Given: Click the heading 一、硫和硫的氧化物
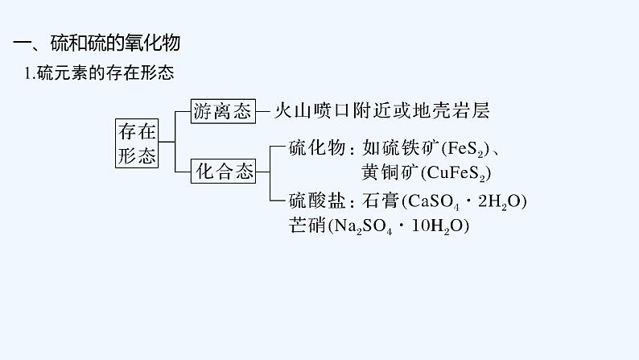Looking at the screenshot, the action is [x=97, y=43].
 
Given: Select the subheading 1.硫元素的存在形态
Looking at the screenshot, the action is [x=100, y=73].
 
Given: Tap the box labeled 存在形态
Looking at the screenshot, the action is [x=137, y=143].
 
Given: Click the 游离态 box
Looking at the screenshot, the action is [x=223, y=111].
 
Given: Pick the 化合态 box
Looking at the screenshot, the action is [x=223, y=172].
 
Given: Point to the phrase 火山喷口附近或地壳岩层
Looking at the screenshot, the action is [x=382, y=110].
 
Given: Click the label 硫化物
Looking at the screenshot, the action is [x=317, y=147].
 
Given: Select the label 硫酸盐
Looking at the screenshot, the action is [x=317, y=201].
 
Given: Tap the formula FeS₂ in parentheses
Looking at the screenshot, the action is [x=465, y=148].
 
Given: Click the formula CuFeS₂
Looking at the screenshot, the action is [x=456, y=173].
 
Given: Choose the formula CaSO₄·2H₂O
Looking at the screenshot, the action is [x=464, y=201].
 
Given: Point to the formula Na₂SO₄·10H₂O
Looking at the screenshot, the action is [x=398, y=226].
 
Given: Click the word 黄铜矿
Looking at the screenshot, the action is [x=390, y=172].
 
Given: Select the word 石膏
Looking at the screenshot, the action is [x=381, y=201].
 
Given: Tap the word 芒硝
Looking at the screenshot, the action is [x=307, y=225].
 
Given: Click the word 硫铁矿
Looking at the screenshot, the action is [x=410, y=147].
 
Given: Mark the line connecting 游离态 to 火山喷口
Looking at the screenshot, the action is [x=263, y=111].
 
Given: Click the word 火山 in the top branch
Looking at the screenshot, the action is [x=293, y=110].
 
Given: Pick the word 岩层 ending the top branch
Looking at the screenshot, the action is [x=472, y=110].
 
